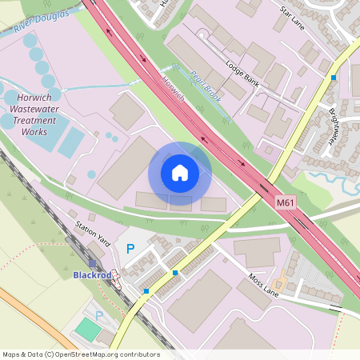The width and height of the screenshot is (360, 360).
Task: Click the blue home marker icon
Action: point(180,173)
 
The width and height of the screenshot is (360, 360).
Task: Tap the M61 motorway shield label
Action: point(286,204)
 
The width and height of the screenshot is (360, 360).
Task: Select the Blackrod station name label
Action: point(90,275)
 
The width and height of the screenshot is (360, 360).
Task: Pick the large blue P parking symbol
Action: point(130,250)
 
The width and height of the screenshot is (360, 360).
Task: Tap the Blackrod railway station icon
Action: point(93,263)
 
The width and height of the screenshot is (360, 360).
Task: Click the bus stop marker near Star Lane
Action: point(333,78)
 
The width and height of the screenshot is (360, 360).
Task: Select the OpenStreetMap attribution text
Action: point(81,354)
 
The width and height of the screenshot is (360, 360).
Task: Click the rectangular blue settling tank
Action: point(70,142)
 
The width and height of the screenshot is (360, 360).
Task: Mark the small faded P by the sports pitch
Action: point(99,315)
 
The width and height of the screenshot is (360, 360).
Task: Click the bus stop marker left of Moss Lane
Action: point(175,273)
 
